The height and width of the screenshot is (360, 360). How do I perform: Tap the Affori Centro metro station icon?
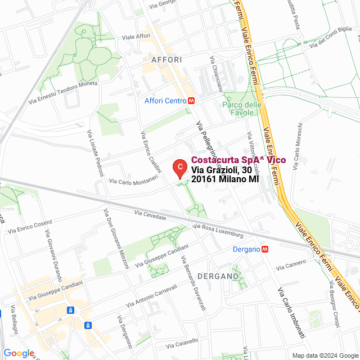tap(192, 101)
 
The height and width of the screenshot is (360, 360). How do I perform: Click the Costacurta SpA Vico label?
tap(238, 160)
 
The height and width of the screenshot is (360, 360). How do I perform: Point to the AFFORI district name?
tap(166, 59)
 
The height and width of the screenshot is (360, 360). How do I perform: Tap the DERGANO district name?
tap(218, 276)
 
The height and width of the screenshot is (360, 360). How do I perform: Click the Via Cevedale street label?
tap(150, 215)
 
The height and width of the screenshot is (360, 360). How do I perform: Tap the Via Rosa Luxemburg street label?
tap(218, 229)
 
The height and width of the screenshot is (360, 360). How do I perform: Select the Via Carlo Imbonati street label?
tap(292, 312)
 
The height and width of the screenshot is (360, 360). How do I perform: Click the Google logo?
tap(19, 353)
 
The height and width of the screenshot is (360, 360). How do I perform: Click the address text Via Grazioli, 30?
tap(221, 170)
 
